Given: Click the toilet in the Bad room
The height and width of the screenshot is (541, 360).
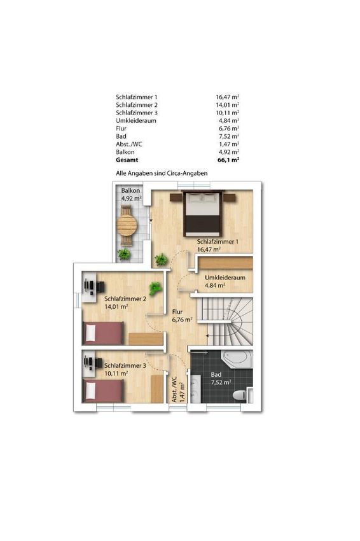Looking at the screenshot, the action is [x=240, y=395].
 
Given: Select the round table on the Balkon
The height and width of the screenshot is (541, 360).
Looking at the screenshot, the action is [x=127, y=225].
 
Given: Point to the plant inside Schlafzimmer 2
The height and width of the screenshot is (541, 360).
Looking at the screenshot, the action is [x=155, y=288].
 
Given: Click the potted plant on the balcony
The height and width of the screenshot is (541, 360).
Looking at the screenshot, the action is [x=124, y=255].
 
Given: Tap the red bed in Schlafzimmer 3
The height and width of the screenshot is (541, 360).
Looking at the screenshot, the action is [x=103, y=391].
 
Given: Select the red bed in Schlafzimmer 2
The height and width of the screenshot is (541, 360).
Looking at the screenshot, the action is [x=103, y=333].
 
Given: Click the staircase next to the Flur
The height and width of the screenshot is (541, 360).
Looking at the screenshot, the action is [x=225, y=321].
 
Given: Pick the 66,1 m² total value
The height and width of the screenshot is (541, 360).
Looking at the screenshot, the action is [x=228, y=160].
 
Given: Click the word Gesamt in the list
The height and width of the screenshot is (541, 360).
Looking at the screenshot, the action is [x=127, y=160].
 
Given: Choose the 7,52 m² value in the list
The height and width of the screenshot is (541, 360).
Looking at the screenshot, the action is [x=229, y=136].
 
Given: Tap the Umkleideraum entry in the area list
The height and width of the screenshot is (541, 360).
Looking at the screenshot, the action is [x=136, y=120].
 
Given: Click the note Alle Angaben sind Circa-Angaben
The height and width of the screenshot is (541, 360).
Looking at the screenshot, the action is [x=162, y=173].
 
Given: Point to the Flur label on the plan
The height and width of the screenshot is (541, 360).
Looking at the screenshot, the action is [x=177, y=312].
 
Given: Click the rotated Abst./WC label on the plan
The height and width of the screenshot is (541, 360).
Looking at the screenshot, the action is [x=174, y=390].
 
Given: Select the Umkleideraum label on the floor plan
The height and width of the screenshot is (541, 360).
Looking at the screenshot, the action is [x=225, y=278].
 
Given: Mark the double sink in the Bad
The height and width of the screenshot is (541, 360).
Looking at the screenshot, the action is [x=195, y=389].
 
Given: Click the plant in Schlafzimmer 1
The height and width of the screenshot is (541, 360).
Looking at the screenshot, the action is [x=161, y=260].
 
